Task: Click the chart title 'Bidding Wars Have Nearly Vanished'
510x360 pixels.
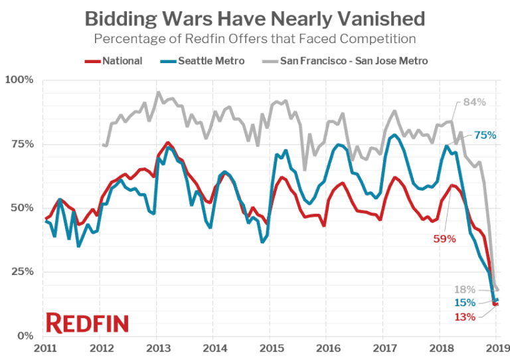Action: [x=254, y=17]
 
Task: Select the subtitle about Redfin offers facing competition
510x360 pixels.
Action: [x=254, y=38]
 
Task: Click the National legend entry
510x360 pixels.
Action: [x=114, y=61]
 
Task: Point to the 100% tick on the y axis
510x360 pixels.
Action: [x=19, y=80]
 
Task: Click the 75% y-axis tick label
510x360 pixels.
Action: [x=22, y=144]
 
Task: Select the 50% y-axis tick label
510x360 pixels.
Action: [x=22, y=208]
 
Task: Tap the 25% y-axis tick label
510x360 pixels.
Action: [x=22, y=272]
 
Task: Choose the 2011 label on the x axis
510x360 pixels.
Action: [x=44, y=348]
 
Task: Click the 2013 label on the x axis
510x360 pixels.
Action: [x=157, y=348]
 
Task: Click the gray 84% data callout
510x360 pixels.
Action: [x=475, y=102]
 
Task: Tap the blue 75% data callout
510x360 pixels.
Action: [x=485, y=135]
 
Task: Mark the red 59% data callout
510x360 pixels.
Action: [x=444, y=238]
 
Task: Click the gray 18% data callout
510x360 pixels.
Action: [x=464, y=289]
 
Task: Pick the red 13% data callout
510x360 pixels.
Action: [x=465, y=317]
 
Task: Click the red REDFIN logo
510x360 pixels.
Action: [x=87, y=323]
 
